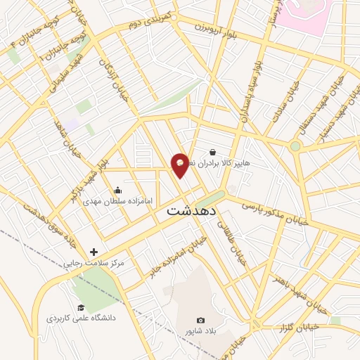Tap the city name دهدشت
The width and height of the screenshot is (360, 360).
192,210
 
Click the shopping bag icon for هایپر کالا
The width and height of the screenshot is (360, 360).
212,151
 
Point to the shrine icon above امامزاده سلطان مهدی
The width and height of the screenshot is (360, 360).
117,190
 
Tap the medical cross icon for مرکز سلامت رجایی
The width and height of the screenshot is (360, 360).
94,252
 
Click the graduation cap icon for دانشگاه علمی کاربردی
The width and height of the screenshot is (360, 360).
81,308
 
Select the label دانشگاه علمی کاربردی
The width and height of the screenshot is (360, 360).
81,319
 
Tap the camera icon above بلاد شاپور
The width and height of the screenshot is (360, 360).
200,321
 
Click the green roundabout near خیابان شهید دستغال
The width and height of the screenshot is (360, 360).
295,146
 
